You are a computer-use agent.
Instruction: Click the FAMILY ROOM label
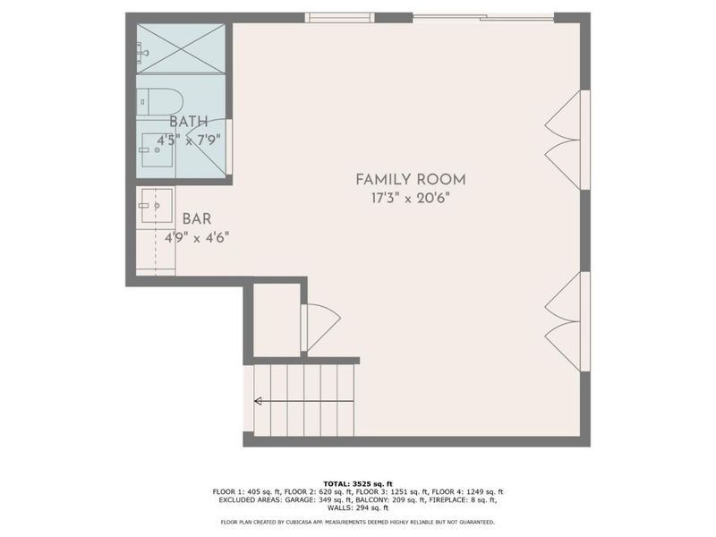(411, 179)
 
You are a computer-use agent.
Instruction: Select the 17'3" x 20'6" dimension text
(411, 199)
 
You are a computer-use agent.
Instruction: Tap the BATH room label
(189, 122)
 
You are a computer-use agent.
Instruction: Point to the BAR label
(197, 218)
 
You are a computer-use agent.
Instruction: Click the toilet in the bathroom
(161, 100)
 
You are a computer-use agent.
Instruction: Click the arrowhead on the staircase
(259, 401)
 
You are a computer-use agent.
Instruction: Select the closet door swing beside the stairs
(320, 323)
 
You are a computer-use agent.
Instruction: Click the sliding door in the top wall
(483, 17)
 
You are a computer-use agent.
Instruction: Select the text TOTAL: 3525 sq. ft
(358, 482)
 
